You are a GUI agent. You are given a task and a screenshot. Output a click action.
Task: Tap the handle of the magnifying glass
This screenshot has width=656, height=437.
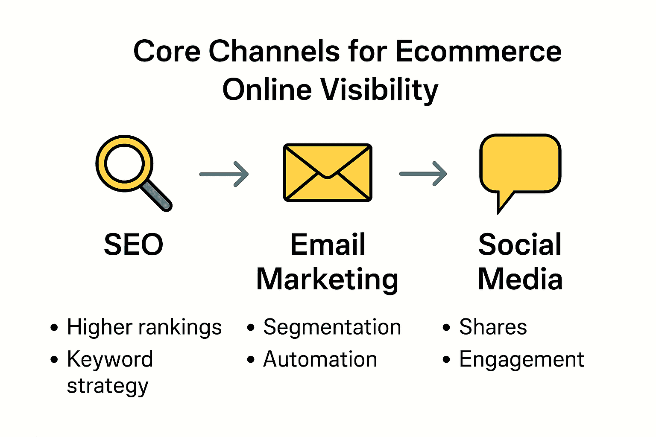157,196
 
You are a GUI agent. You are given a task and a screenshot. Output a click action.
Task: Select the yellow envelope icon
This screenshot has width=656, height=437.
328,173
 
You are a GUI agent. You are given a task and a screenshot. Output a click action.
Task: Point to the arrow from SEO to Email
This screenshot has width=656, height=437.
224,174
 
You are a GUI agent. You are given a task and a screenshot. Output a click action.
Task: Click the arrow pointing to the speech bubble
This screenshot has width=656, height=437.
423,174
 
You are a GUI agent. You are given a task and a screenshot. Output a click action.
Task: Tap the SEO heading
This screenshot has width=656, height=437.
134,245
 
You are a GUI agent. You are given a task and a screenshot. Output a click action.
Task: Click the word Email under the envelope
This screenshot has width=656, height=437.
328,245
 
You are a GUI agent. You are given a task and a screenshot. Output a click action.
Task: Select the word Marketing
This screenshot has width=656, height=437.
327,280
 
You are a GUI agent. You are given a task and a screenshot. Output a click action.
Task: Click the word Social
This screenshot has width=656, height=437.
520,245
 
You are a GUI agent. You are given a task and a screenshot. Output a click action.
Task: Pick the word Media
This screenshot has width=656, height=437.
520,280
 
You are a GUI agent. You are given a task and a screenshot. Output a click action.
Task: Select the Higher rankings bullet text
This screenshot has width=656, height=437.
144,328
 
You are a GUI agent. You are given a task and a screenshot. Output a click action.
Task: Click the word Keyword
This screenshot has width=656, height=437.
110,359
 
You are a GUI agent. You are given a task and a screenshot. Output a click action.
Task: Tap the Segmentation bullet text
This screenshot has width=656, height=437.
332,328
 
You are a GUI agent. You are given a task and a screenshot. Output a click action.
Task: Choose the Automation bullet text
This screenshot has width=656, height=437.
320,359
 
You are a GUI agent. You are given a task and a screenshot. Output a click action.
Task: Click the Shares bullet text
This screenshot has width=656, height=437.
493,327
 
